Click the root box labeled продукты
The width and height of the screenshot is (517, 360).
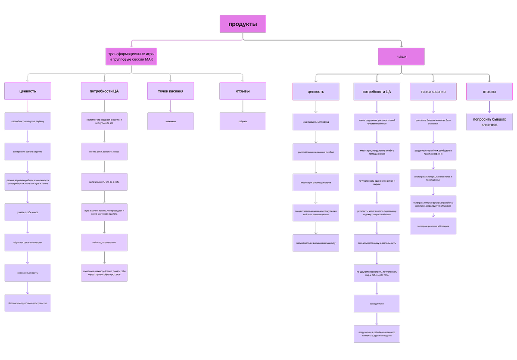click(243, 24)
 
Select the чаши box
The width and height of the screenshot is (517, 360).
click(402, 56)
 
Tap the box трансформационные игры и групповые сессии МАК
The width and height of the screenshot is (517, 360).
click(131, 56)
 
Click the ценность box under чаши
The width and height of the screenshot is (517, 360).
click(316, 92)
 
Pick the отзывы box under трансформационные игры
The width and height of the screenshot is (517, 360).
click(243, 91)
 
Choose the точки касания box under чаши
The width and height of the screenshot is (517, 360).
click(433, 92)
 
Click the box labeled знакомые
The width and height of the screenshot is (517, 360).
click(171, 121)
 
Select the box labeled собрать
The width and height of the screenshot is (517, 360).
click(243, 121)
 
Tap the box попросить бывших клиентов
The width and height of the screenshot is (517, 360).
click(489, 121)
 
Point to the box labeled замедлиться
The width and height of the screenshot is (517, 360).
click(377, 304)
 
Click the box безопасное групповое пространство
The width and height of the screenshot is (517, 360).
click(28, 303)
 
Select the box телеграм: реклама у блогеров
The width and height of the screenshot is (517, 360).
click(433, 226)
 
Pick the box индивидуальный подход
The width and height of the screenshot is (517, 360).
click(316, 122)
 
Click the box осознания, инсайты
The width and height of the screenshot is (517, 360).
click(28, 273)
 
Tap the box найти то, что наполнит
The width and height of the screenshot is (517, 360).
click(104, 242)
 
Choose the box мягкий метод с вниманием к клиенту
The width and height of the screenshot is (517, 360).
click(316, 243)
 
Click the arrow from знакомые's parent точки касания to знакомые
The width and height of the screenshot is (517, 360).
click(171, 106)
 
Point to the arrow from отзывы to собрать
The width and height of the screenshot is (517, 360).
click(243, 106)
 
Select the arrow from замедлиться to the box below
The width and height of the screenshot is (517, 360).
click(377, 319)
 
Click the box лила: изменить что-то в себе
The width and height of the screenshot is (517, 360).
click(104, 182)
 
